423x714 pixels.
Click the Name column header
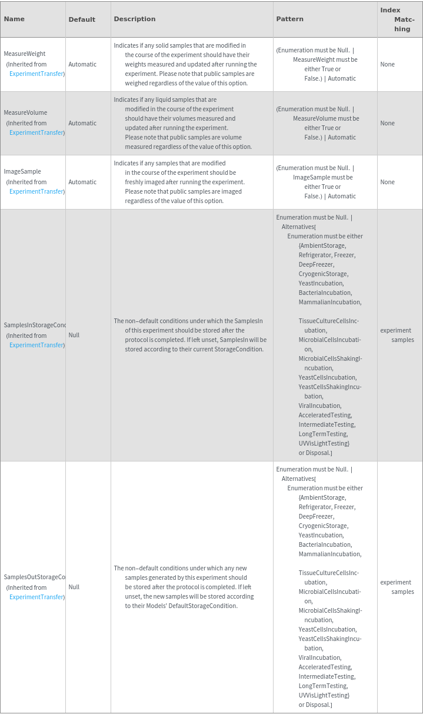[x=14, y=19]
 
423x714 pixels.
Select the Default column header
[x=82, y=19]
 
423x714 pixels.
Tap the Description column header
[x=135, y=19]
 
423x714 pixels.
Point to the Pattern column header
[x=290, y=19]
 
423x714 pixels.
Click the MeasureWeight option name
[x=25, y=54]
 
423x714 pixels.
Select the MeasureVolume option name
[x=25, y=112]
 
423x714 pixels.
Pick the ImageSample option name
[x=22, y=171]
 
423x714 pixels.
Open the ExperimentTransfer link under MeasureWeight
[x=37, y=74]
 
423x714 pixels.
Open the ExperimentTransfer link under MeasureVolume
[x=37, y=132]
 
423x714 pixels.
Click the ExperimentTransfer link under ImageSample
[x=37, y=191]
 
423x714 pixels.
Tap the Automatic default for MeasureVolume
[x=82, y=123]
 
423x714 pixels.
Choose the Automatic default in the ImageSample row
[x=82, y=182]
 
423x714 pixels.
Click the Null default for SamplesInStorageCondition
[x=74, y=335]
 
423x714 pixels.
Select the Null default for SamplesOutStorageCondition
[x=74, y=587]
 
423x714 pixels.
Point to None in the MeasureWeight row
[x=387, y=64]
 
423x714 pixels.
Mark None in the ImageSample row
[x=387, y=182]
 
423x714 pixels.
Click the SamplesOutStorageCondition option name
[x=35, y=577]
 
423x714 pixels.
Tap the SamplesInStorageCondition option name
[x=35, y=325]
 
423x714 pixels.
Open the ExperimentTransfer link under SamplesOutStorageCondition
[x=37, y=597]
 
